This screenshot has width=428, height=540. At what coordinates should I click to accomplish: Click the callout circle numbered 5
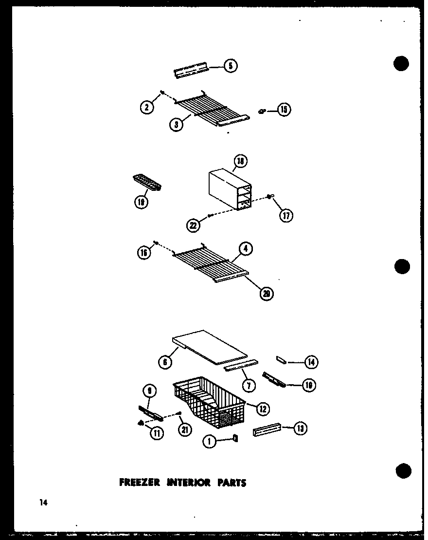click(231, 65)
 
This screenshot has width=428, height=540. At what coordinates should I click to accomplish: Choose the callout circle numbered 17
click(286, 215)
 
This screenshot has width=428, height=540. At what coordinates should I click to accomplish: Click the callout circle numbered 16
click(144, 253)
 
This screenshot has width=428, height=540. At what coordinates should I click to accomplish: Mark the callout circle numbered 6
click(165, 362)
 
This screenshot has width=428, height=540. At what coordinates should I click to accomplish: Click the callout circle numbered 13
click(301, 429)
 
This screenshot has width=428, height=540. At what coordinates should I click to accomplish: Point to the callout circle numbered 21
click(185, 429)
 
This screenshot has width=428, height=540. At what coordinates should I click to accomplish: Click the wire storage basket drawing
click(209, 404)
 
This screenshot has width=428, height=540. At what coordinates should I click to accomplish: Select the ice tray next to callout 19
click(146, 184)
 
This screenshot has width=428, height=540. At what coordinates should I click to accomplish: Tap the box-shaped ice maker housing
click(229, 190)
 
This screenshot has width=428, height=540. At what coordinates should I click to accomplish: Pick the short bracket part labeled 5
click(191, 72)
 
